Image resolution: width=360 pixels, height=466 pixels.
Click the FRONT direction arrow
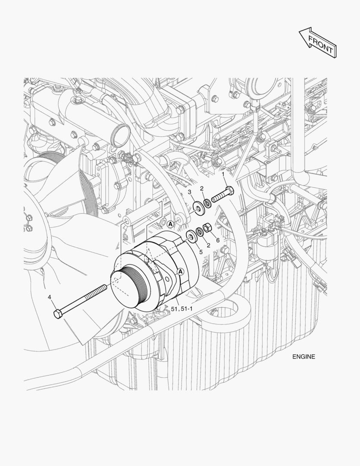(318, 42)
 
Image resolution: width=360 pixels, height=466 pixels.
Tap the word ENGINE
(304, 357)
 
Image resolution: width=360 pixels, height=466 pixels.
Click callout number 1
(223, 174)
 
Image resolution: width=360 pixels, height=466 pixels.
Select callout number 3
(190, 192)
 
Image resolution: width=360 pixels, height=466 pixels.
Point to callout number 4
(50, 297)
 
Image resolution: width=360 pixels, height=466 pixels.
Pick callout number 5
(201, 252)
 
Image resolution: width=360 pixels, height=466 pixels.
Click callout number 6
(218, 240)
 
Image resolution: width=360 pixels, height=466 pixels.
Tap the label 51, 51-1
(182, 309)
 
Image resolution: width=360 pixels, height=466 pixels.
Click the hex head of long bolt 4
(58, 314)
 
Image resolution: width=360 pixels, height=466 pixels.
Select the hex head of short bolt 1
(230, 191)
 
